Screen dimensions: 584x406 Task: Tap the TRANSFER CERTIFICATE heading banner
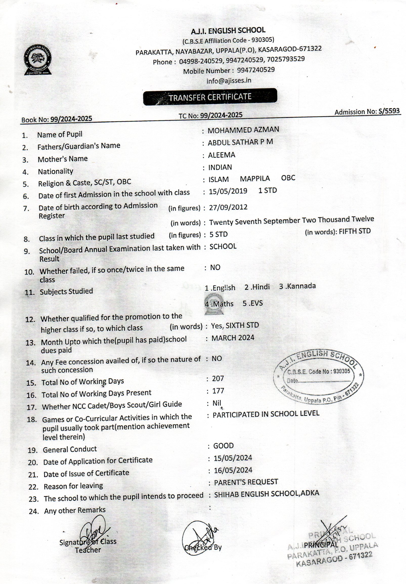point(210,97)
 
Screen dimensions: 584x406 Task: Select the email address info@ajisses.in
point(228,81)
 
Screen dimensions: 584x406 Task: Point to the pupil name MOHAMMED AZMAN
point(243,130)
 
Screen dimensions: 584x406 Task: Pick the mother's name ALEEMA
point(221,155)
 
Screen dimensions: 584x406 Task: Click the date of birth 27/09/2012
point(228,207)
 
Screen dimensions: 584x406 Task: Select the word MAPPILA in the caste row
point(255,179)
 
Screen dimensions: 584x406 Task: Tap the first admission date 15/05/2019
point(228,191)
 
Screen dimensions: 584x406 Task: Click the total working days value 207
point(218,379)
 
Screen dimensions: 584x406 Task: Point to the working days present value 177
point(218,391)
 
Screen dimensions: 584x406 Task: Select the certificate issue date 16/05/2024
point(233,470)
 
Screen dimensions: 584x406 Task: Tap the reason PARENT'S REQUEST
point(246,482)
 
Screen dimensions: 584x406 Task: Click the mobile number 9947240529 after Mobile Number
point(256,70)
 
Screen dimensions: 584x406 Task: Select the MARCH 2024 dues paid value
point(232,338)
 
